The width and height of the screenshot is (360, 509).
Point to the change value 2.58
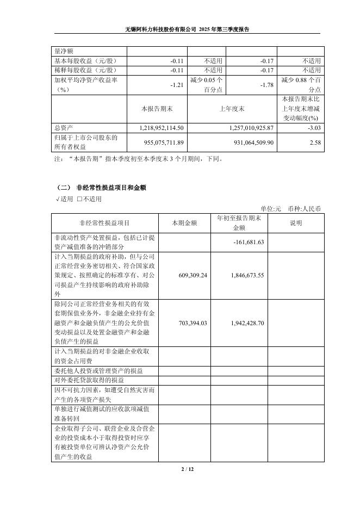(x=315, y=142)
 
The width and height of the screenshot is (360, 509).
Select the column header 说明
(x=295, y=223)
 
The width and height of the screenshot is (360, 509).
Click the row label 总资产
(x=64, y=127)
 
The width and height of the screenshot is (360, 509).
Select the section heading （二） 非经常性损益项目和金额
(x=101, y=187)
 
